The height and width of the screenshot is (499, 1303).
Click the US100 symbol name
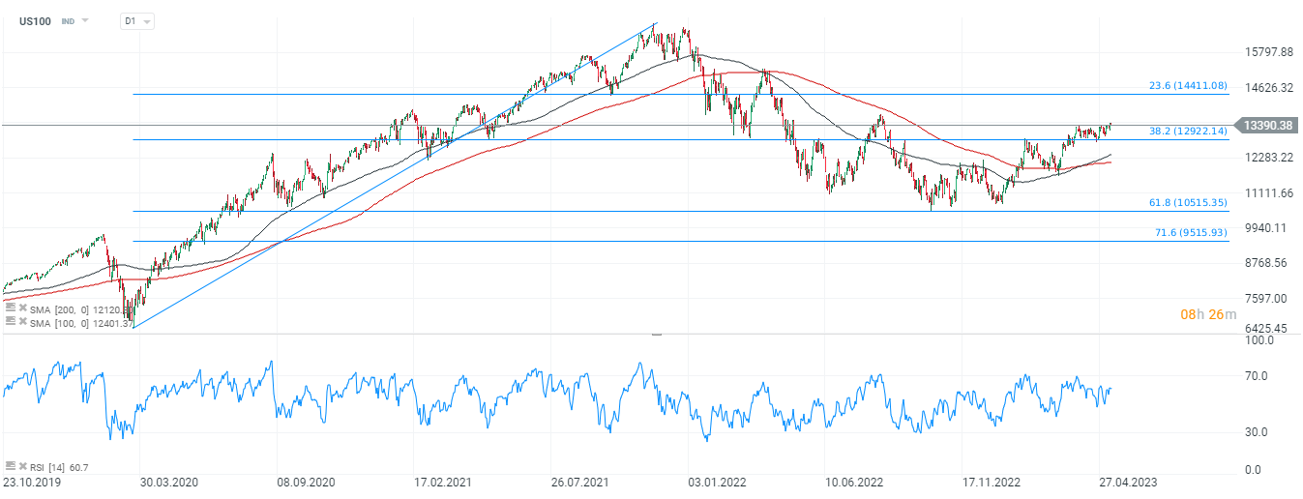click(35, 20)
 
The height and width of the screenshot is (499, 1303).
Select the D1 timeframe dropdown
click(135, 20)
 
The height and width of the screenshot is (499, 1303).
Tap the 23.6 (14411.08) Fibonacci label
click(1188, 86)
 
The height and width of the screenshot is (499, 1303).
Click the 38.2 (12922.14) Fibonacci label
click(1188, 131)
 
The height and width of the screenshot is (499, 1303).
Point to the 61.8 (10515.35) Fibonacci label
click(1188, 202)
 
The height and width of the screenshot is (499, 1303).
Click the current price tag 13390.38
click(1269, 126)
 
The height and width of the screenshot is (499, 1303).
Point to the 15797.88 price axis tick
click(1268, 52)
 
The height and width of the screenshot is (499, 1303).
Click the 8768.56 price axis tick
click(1268, 263)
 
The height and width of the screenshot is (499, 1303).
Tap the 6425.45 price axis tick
click(1268, 329)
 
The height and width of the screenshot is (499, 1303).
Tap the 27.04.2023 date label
click(1126, 482)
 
